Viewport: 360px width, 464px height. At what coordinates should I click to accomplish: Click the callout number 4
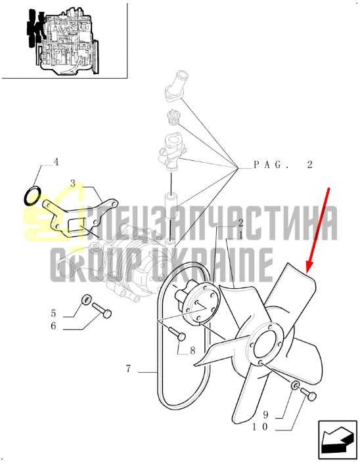56,162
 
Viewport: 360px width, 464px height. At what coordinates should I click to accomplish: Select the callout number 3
73,184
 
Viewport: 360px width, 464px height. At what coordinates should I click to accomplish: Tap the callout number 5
53,313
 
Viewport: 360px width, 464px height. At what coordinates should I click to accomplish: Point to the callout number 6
53,326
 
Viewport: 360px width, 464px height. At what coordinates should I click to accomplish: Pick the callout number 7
128,369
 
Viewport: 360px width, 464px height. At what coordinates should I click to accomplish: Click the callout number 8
192,351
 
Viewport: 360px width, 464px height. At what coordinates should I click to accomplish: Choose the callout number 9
265,415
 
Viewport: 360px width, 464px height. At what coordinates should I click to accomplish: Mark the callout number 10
260,427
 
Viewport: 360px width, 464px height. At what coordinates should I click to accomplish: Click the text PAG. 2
283,165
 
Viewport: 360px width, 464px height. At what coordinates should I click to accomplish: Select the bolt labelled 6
102,310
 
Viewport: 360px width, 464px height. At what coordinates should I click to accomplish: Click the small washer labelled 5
86,299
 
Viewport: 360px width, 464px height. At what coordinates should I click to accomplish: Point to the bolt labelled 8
177,334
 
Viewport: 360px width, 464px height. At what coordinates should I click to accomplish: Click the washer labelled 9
295,385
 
